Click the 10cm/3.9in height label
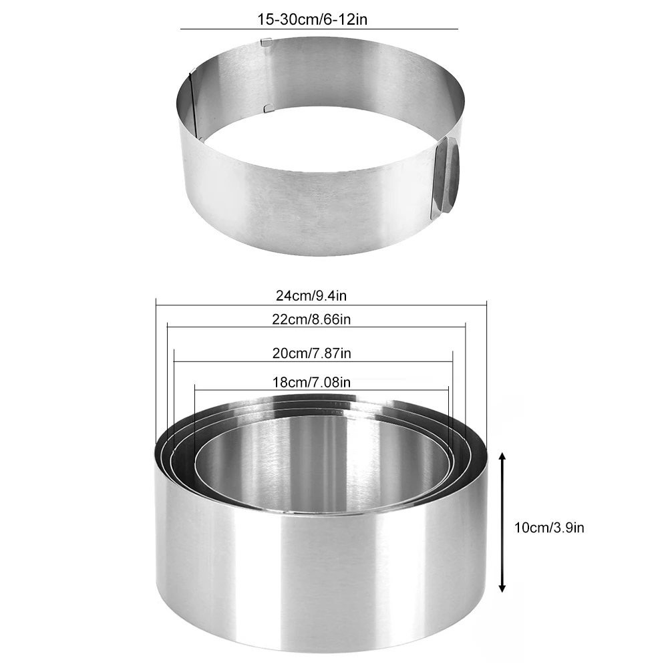(x=550, y=528)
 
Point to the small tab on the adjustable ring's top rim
(x=266, y=43)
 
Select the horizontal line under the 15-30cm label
(x=319, y=29)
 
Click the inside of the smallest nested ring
(x=321, y=468)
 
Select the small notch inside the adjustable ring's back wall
(x=267, y=107)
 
